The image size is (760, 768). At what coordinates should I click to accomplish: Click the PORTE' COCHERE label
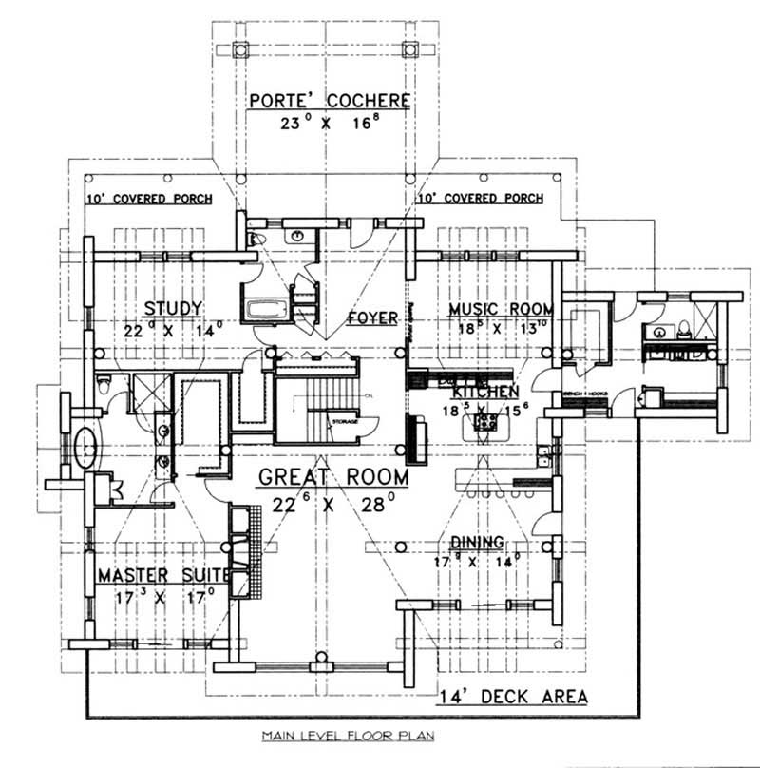[x=330, y=101]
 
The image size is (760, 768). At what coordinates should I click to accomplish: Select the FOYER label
[x=371, y=317]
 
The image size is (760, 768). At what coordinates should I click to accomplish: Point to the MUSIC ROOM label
[x=501, y=309]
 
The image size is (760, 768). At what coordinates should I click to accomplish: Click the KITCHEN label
[x=484, y=392]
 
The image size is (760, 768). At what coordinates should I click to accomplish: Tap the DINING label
[x=477, y=542]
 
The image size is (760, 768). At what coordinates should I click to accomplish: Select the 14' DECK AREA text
[x=513, y=697]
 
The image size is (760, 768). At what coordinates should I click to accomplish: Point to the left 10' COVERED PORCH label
[x=147, y=200]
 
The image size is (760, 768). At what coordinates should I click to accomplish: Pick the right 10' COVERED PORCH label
[x=480, y=200]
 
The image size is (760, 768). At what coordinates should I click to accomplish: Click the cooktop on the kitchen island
[x=483, y=427]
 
